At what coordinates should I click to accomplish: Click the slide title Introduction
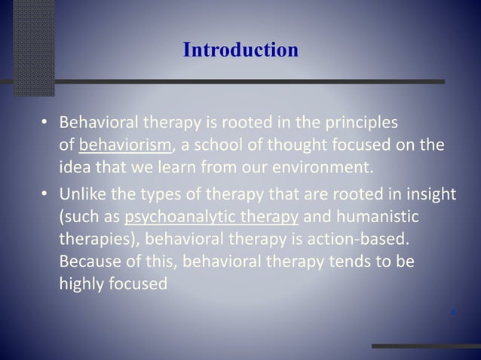point(240,50)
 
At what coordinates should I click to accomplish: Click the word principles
point(362,122)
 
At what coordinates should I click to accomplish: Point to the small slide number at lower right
point(452,310)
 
